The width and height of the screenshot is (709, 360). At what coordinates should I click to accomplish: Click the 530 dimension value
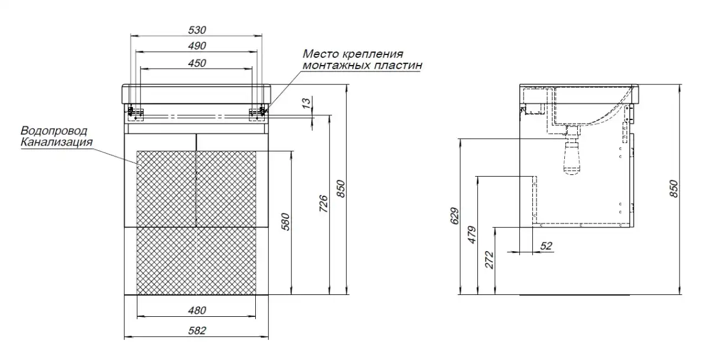tap(197, 30)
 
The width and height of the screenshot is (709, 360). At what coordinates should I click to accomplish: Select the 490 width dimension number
tap(197, 46)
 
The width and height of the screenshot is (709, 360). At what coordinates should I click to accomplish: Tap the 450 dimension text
tap(197, 63)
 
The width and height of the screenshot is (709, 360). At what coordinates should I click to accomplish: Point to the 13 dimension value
tap(306, 103)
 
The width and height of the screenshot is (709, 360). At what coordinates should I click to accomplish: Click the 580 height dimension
tap(285, 222)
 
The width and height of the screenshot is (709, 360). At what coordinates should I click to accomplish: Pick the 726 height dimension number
tap(323, 203)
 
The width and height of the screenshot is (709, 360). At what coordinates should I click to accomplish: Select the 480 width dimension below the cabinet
tap(197, 310)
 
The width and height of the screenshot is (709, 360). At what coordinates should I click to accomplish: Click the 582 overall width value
tap(197, 330)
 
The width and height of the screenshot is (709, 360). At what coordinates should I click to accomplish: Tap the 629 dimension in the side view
tap(454, 216)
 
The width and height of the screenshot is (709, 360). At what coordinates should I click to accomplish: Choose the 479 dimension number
tap(471, 235)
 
